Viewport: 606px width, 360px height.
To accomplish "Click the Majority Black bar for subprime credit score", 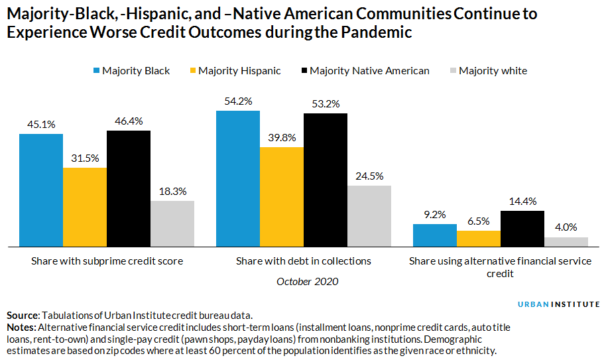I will (41, 190).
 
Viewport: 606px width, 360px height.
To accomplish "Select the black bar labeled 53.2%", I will (326, 180).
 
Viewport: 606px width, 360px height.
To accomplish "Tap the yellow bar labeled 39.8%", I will (282, 197).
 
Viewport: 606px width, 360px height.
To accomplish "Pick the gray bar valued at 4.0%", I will (566, 242).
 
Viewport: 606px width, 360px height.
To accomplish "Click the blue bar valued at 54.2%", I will (238, 178).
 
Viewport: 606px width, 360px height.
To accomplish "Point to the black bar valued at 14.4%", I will (522, 229).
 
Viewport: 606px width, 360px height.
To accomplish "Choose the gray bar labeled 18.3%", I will (172, 223).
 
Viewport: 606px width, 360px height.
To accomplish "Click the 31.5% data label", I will (85, 158).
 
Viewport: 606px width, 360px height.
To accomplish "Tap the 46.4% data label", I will (129, 121).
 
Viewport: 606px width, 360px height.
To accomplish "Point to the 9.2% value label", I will (435, 214).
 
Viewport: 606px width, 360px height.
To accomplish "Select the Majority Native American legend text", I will (369, 71).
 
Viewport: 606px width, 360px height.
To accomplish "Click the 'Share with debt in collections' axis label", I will (304, 261).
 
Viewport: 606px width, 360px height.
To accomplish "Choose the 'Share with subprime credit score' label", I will (107, 261).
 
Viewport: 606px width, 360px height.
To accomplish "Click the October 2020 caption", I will (307, 281).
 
